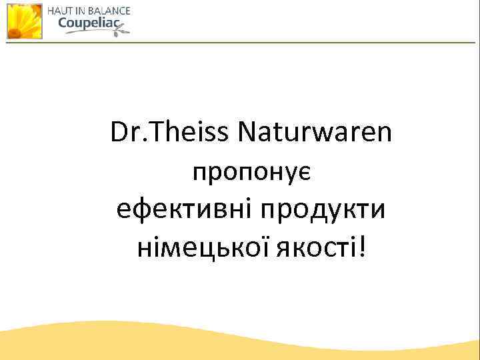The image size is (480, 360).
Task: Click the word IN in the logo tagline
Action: pyautogui.click(x=79, y=11)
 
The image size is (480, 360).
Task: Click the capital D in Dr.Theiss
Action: pyautogui.click(x=119, y=133)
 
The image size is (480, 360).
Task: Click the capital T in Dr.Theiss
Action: pyautogui.click(x=160, y=133)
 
